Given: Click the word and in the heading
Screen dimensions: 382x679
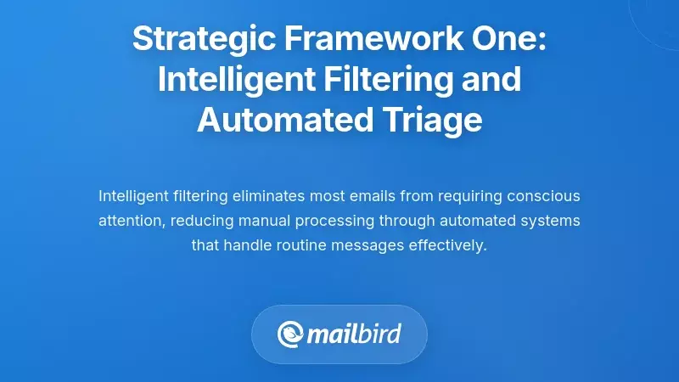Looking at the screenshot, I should pos(491,80).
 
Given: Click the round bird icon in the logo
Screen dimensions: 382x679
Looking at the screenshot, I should pos(290,334).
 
